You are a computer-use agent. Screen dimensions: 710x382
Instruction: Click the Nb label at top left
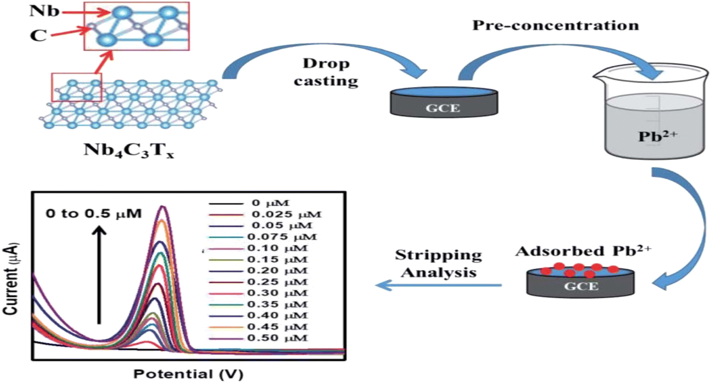pyautogui.click(x=44, y=11)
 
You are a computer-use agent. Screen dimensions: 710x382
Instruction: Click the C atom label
pyautogui.click(x=38, y=35)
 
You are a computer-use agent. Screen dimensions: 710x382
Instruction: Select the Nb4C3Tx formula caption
pyautogui.click(x=129, y=150)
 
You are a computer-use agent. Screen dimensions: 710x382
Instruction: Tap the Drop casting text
pyautogui.click(x=326, y=72)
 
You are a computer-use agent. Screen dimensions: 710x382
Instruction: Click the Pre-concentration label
pyautogui.click(x=556, y=25)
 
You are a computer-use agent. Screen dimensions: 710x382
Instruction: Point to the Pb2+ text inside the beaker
pyautogui.click(x=657, y=136)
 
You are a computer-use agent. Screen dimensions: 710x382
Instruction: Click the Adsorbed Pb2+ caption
pyautogui.click(x=583, y=251)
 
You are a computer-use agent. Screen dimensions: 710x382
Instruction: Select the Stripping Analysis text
pyautogui.click(x=439, y=264)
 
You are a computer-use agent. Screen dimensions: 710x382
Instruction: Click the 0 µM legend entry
pyautogui.click(x=249, y=203)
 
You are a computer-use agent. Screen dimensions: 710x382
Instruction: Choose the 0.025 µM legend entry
pyautogui.click(x=265, y=214)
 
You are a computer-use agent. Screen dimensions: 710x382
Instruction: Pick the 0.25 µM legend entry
pyautogui.click(x=258, y=282)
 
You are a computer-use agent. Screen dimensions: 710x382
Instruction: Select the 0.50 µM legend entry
pyautogui.click(x=258, y=338)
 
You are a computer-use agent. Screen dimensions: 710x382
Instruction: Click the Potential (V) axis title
pyautogui.click(x=188, y=374)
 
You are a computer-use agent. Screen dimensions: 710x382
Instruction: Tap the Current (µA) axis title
pyautogui.click(x=11, y=279)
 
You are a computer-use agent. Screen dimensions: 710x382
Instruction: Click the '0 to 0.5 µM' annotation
pyautogui.click(x=93, y=214)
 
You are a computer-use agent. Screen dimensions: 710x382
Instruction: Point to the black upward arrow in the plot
pyautogui.click(x=99, y=275)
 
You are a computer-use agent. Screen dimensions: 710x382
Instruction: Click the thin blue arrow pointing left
pyautogui.click(x=438, y=285)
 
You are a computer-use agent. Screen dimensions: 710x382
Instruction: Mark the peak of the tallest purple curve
pyautogui.click(x=163, y=206)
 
